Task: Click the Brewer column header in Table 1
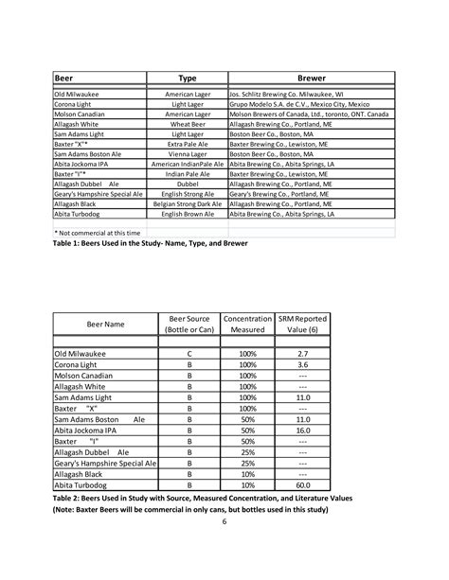click(312, 79)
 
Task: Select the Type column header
click(187, 79)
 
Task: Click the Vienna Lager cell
click(187, 153)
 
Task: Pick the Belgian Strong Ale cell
click(187, 203)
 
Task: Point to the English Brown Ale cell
click(187, 214)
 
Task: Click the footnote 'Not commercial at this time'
click(98, 232)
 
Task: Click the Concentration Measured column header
click(247, 325)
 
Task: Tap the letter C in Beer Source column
click(189, 353)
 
